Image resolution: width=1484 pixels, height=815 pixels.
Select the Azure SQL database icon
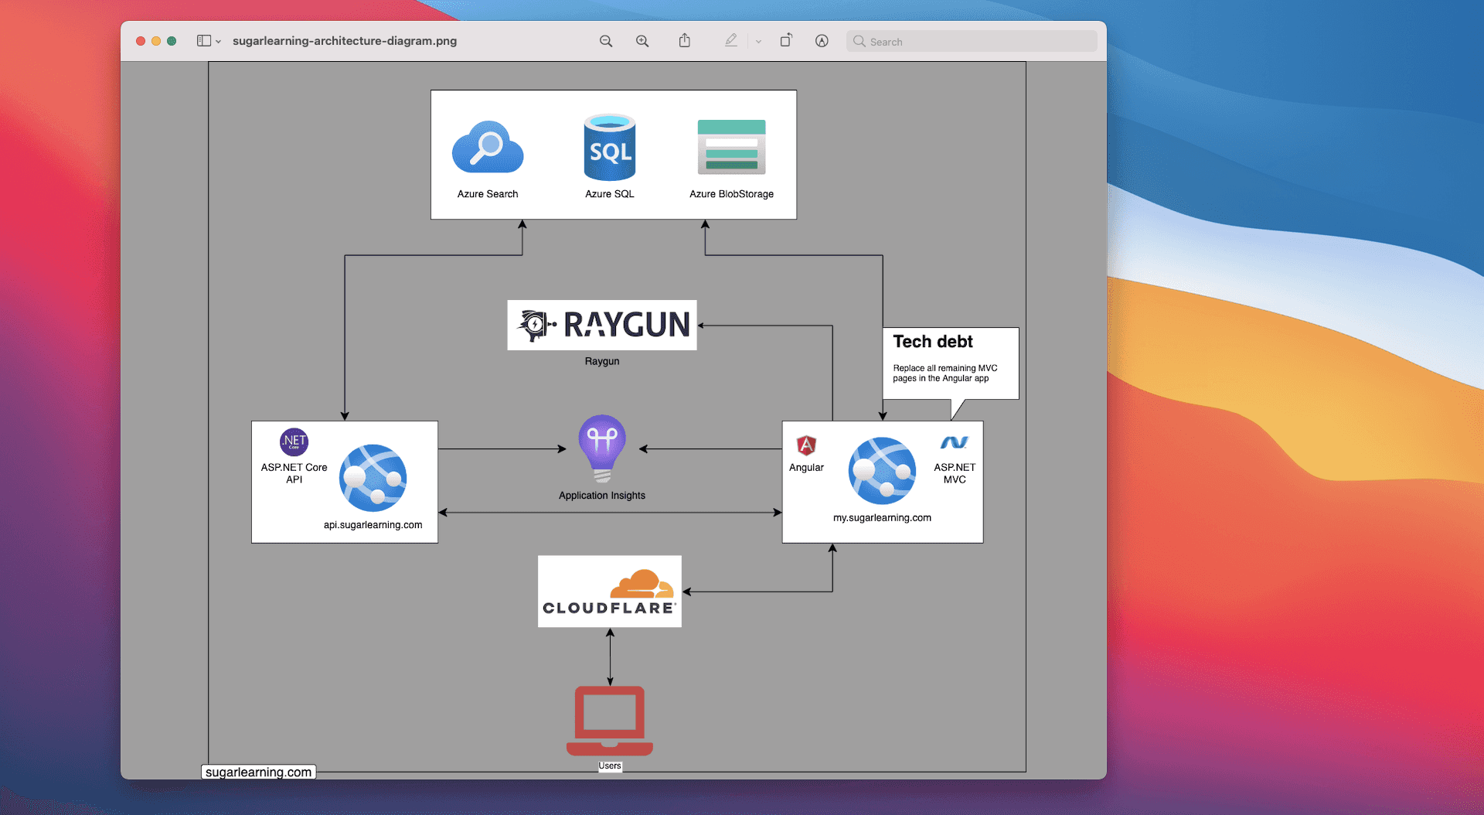(610, 148)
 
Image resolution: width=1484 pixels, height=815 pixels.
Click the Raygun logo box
(602, 325)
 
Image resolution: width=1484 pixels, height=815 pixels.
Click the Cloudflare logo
(610, 592)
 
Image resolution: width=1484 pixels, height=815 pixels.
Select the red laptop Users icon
(610, 720)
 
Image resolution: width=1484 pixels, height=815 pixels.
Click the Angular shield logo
(806, 445)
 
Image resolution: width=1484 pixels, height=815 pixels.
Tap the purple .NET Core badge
(294, 442)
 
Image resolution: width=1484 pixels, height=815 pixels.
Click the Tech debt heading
(933, 342)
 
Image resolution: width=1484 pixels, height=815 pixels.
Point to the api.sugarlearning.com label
(373, 525)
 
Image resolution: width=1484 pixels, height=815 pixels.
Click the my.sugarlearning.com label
(882, 518)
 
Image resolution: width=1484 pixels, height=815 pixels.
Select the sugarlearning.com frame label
(259, 772)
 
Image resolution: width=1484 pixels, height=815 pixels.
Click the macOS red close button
(141, 41)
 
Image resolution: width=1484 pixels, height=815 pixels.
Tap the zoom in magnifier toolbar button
(642, 41)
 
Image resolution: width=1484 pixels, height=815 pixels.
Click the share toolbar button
(685, 41)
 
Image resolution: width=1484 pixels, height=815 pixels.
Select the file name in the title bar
(345, 41)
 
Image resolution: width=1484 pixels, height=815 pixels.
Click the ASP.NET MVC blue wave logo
(954, 442)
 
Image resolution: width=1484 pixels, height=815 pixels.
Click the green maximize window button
(172, 41)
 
